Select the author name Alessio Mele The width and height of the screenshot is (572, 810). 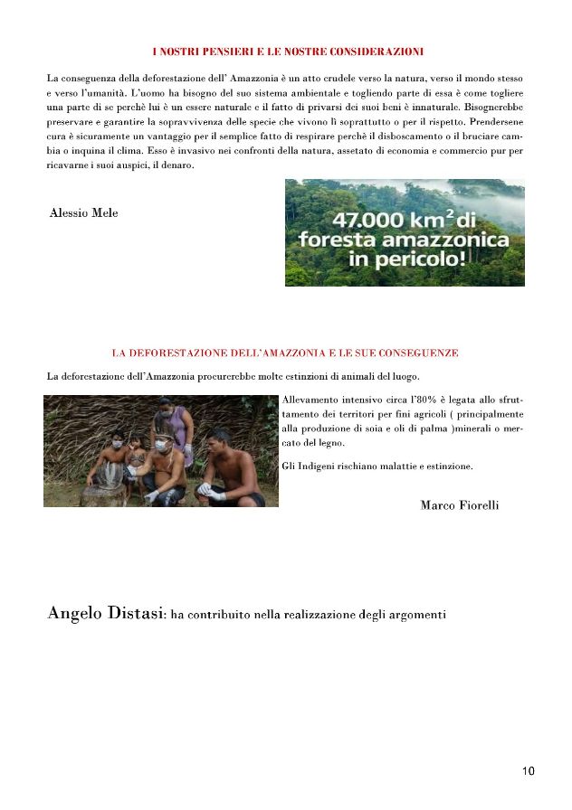(83, 213)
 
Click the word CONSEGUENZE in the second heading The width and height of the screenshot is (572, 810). (415, 352)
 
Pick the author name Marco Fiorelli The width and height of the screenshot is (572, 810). (459, 504)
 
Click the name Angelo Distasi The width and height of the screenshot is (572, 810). (105, 615)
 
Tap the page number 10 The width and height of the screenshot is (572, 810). (529, 771)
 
